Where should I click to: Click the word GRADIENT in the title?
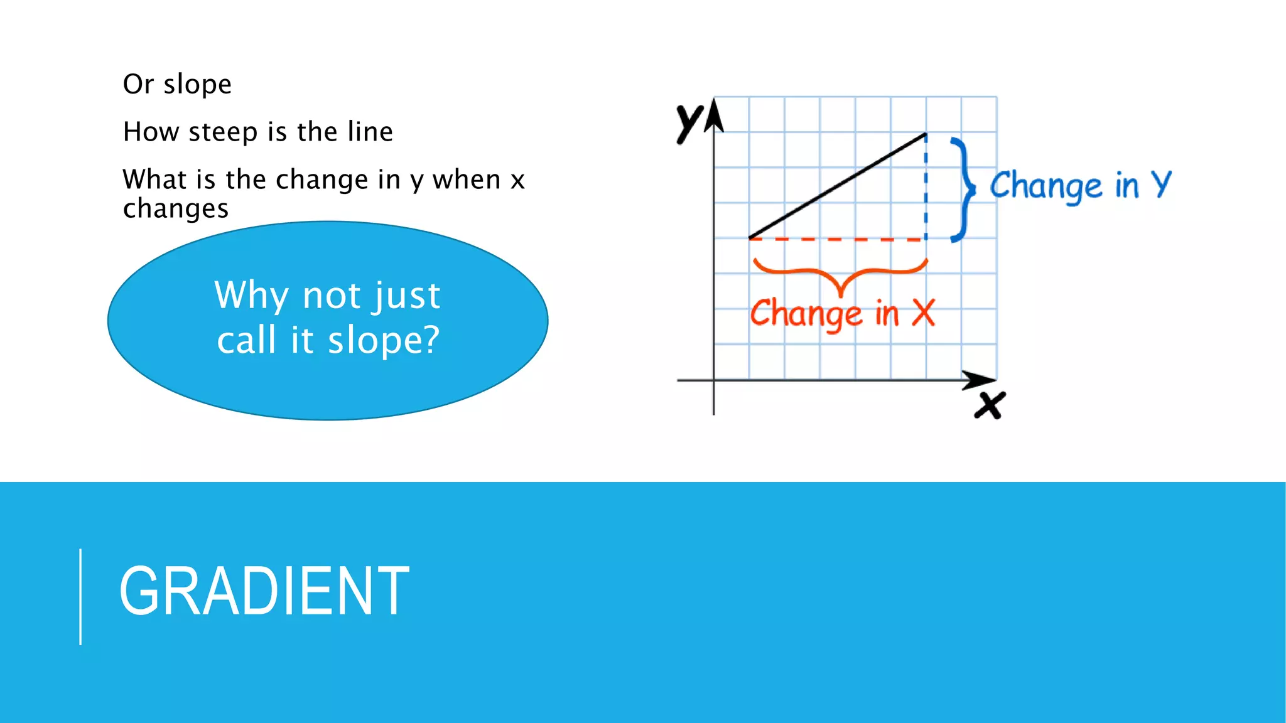(x=264, y=591)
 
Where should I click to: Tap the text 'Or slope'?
(x=177, y=84)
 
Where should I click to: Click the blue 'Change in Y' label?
(x=1080, y=186)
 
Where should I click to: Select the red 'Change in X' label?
(x=842, y=313)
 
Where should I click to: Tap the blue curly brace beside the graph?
(x=963, y=189)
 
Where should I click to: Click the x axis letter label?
(x=990, y=405)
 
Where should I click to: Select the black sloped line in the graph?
(x=838, y=186)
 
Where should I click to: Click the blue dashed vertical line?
(x=926, y=188)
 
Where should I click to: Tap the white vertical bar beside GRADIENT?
(x=80, y=596)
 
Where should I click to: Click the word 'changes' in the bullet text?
(x=176, y=208)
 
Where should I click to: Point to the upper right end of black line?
(x=925, y=134)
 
